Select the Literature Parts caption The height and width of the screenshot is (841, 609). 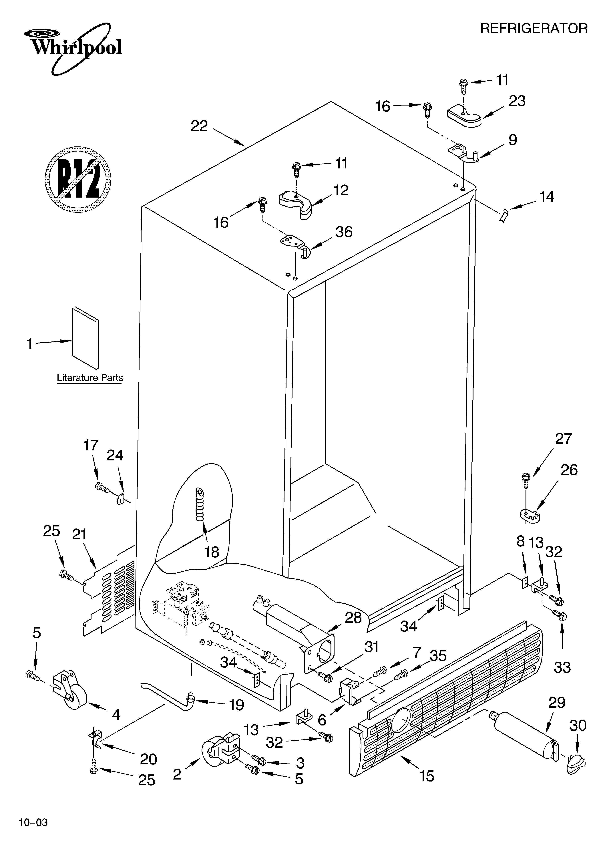[x=90, y=378]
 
